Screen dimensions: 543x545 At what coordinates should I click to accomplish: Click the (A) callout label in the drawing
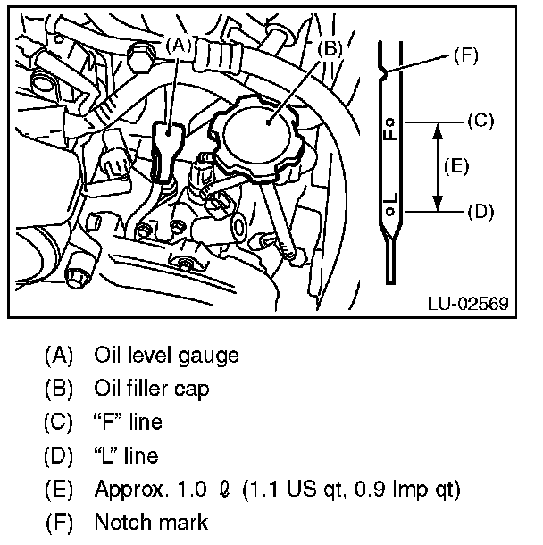click(x=179, y=46)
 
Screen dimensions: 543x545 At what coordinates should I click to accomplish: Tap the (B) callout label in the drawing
click(x=330, y=48)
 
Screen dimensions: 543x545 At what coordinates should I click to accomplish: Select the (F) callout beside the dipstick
click(x=466, y=55)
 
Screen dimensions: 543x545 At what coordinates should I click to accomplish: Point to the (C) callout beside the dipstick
click(x=480, y=121)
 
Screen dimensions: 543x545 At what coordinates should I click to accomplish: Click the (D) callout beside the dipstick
click(x=480, y=212)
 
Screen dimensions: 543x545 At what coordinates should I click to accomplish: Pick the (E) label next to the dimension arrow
click(x=456, y=166)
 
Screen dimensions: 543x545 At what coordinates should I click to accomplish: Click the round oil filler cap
click(x=256, y=136)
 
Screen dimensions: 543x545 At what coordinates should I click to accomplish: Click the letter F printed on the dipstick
click(x=389, y=135)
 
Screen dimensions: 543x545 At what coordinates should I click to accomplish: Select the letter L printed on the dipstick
click(x=390, y=199)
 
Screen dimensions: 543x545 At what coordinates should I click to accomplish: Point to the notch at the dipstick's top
click(x=384, y=73)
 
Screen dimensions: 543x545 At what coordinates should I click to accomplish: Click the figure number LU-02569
click(x=468, y=304)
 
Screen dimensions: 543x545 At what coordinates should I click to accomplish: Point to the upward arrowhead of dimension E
click(x=438, y=132)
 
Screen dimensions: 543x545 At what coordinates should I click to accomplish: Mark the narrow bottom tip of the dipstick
click(x=391, y=281)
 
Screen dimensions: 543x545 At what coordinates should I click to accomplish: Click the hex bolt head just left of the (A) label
click(x=141, y=57)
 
